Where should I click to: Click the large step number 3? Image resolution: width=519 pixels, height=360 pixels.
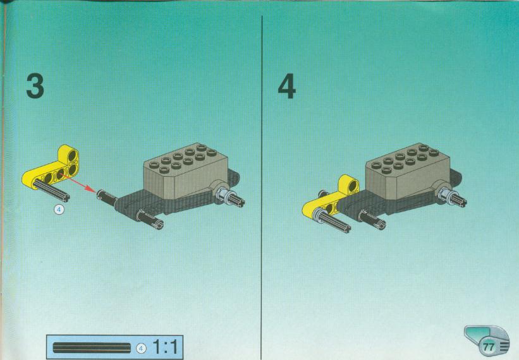(35, 86)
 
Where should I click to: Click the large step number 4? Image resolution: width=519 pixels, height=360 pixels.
(286, 86)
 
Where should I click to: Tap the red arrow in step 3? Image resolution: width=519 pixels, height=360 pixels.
(78, 183)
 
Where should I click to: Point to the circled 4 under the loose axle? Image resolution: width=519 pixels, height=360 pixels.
(59, 209)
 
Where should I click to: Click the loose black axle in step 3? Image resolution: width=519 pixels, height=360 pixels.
(52, 189)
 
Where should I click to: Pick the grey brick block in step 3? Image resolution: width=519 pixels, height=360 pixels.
(185, 172)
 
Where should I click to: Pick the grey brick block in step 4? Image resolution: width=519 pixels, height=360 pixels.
(408, 172)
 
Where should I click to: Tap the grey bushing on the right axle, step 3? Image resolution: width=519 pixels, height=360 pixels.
(223, 195)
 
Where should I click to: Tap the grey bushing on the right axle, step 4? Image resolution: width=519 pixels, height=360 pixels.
(446, 195)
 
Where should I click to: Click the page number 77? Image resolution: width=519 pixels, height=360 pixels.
(489, 347)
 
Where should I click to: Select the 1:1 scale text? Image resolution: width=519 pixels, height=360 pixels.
(165, 347)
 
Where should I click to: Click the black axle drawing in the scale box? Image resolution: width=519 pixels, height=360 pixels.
(92, 348)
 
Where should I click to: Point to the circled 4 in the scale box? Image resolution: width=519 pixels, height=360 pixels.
(141, 348)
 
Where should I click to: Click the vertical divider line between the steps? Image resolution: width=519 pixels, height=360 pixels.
(262, 188)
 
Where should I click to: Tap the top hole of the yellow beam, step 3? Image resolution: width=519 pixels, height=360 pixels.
(72, 155)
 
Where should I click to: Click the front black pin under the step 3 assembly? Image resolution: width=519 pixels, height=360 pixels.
(150, 219)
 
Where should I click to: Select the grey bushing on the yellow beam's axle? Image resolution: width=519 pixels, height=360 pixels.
(321, 215)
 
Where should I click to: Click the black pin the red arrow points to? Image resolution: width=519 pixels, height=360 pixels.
(107, 198)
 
